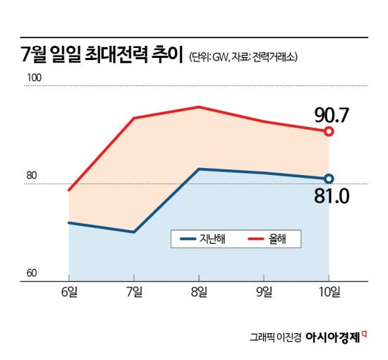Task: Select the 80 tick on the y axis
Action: pos(32,176)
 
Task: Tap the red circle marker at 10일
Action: pos(329,131)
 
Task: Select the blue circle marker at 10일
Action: pos(329,179)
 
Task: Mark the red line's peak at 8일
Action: pos(200,107)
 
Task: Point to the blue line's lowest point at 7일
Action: pos(134,232)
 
